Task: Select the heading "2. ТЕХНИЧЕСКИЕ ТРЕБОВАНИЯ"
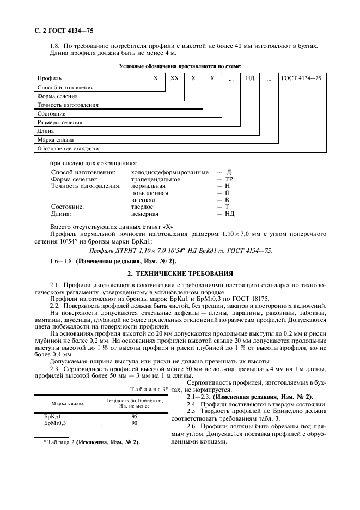coord(179,273)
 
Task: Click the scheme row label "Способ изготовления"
coord(65,88)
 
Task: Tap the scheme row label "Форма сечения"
coord(58,96)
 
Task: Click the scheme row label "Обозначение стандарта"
coord(68,148)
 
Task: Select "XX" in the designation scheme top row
coord(174,78)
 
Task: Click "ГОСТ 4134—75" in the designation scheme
coord(301,78)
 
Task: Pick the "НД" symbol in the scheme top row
coord(250,78)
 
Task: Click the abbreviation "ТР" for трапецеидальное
coord(229,179)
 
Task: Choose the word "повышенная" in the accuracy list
coord(150,193)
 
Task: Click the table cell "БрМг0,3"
coord(55,422)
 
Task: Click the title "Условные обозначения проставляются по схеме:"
coord(179,66)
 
